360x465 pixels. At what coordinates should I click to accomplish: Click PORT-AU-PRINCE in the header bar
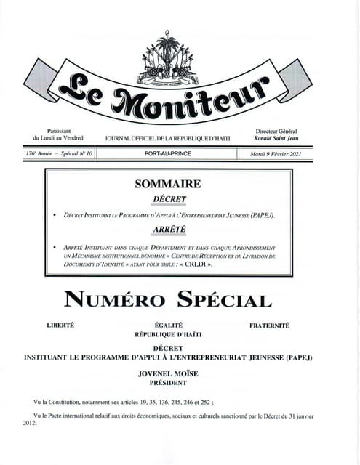pos(167,154)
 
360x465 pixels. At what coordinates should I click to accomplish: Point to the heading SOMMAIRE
pos(167,185)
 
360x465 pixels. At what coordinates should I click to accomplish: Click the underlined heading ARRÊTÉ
pos(169,230)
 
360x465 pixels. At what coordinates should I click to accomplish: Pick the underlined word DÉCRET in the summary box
pos(169,199)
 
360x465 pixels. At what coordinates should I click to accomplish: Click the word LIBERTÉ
pos(60,325)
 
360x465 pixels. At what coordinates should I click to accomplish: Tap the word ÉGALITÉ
pos(169,325)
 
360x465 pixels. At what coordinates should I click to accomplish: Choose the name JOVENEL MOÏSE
pos(169,373)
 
